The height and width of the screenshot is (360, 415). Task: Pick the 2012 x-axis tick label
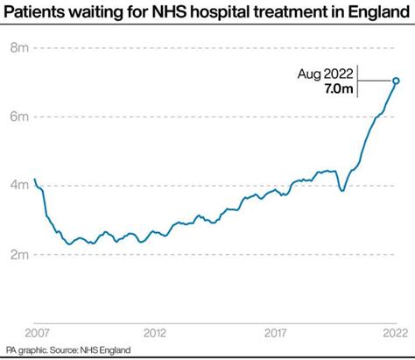[156, 333]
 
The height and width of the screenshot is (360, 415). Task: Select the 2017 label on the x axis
[277, 333]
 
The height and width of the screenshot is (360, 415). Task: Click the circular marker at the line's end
[396, 81]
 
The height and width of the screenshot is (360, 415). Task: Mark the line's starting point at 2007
[35, 180]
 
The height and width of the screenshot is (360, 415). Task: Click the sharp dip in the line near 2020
[341, 190]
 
